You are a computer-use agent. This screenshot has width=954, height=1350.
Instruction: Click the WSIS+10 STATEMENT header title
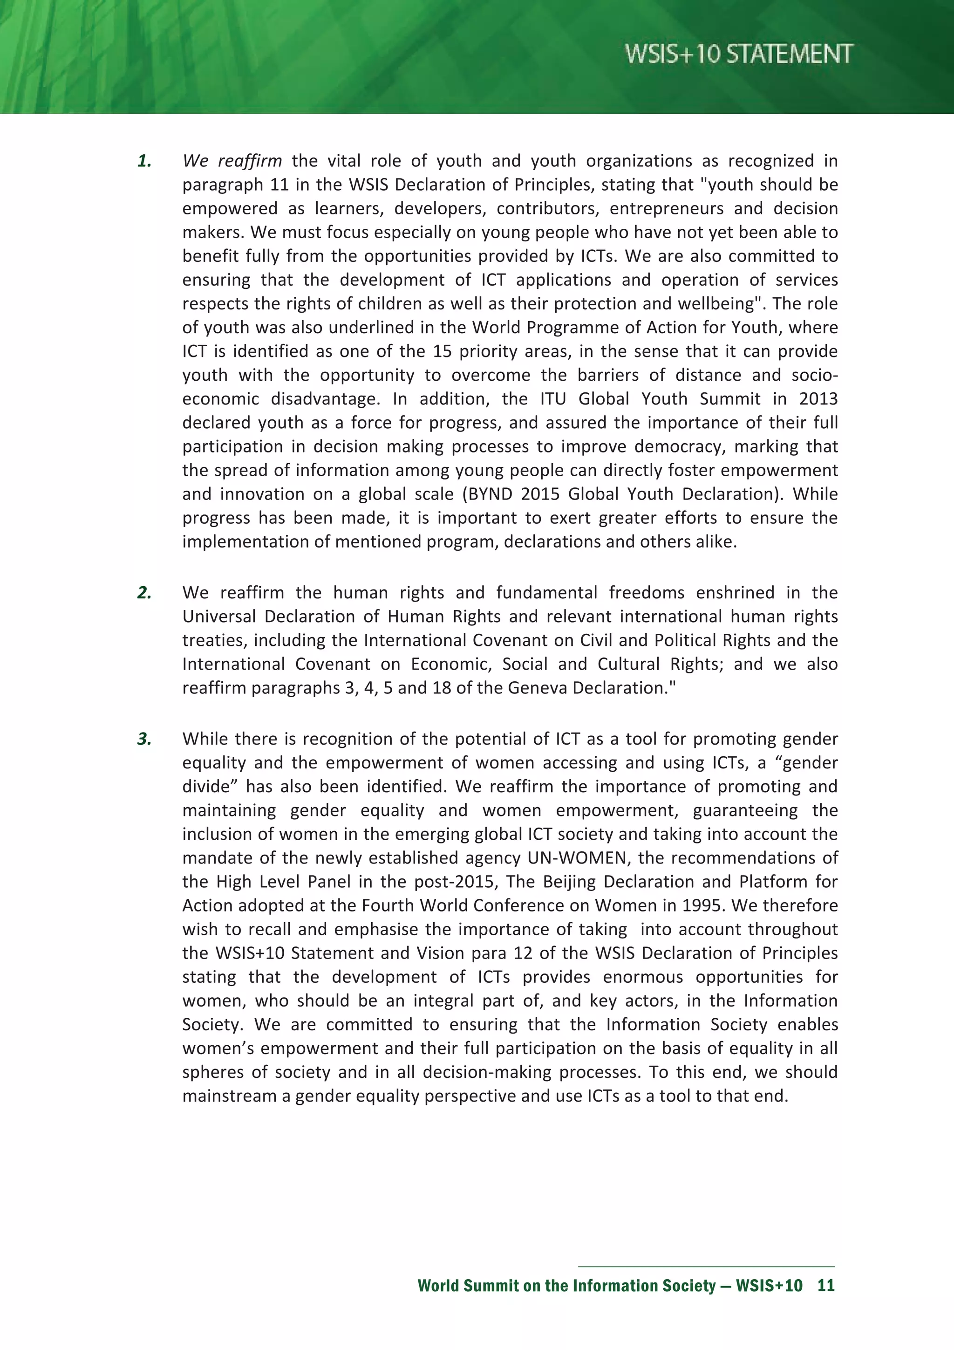coord(738,54)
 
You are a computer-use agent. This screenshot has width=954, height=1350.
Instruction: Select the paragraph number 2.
coord(144,593)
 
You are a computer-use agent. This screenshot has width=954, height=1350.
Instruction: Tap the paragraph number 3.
coord(144,739)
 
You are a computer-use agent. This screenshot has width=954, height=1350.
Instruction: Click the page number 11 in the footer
coord(826,1285)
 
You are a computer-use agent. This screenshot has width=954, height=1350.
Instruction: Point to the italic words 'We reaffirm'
coord(232,160)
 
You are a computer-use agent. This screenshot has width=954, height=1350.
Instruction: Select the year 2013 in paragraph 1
coord(818,398)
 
